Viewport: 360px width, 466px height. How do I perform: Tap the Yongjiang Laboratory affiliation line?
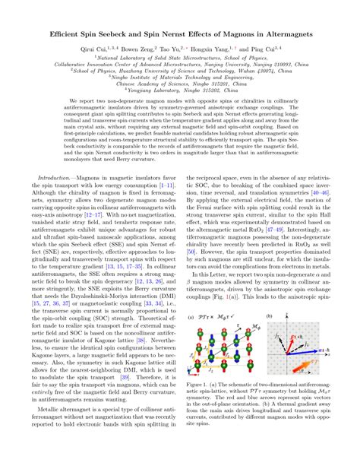180,108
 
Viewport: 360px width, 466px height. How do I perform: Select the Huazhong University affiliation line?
180,81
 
